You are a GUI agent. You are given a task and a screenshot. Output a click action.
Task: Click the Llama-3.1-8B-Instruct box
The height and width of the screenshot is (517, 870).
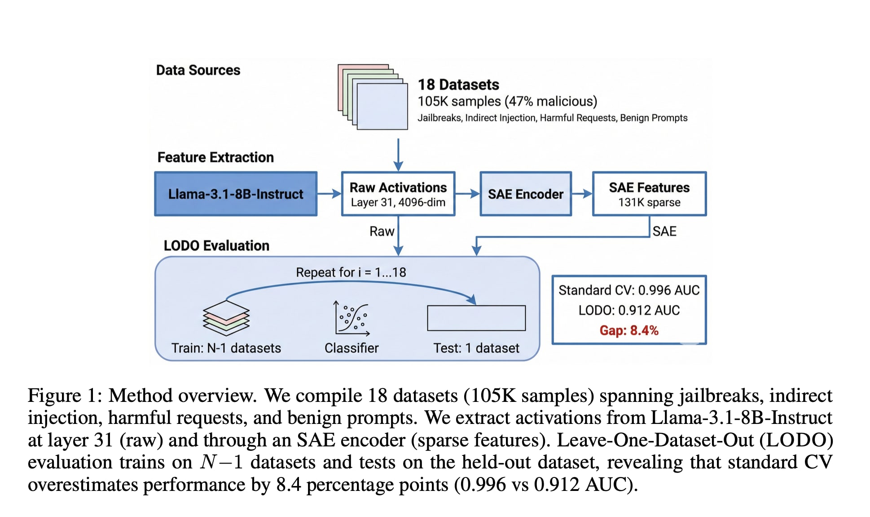point(236,194)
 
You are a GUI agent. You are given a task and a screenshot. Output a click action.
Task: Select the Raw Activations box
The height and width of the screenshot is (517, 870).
point(398,194)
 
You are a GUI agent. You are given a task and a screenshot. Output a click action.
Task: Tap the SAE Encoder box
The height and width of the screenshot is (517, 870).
point(526,194)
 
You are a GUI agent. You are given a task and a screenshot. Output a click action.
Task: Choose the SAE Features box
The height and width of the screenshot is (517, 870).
point(649,194)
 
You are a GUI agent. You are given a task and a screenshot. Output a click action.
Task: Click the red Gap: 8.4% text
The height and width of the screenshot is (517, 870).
point(629,330)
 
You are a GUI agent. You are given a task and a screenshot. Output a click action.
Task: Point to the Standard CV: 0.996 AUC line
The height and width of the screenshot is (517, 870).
point(629,290)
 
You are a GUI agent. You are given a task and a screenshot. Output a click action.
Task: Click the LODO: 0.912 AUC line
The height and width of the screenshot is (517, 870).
point(629,310)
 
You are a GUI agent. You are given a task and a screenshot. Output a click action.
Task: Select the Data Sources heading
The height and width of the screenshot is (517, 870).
point(198,70)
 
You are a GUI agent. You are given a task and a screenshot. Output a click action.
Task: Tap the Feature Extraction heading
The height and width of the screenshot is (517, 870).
point(215,157)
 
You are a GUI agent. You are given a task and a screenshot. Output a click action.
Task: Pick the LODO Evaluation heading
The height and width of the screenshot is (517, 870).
point(216,245)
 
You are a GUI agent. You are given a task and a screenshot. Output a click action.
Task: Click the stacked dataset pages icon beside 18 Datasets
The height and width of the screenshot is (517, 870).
point(373,97)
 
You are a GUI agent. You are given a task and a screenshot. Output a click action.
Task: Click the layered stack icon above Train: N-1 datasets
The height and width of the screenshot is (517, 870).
point(226,318)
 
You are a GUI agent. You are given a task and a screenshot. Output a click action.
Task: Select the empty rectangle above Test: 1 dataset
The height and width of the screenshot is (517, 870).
point(476,318)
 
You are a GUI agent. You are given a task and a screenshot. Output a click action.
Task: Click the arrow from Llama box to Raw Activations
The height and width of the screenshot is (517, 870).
point(329,194)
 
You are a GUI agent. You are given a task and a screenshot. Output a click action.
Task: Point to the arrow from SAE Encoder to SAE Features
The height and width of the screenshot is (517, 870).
point(582,194)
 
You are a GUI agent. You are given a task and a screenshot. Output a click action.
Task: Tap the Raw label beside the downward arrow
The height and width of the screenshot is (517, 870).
point(382,231)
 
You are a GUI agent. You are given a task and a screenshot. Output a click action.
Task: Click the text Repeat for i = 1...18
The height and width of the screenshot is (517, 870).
point(351,272)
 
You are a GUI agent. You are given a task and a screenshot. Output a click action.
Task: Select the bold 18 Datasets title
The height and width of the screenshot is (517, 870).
point(458,85)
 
